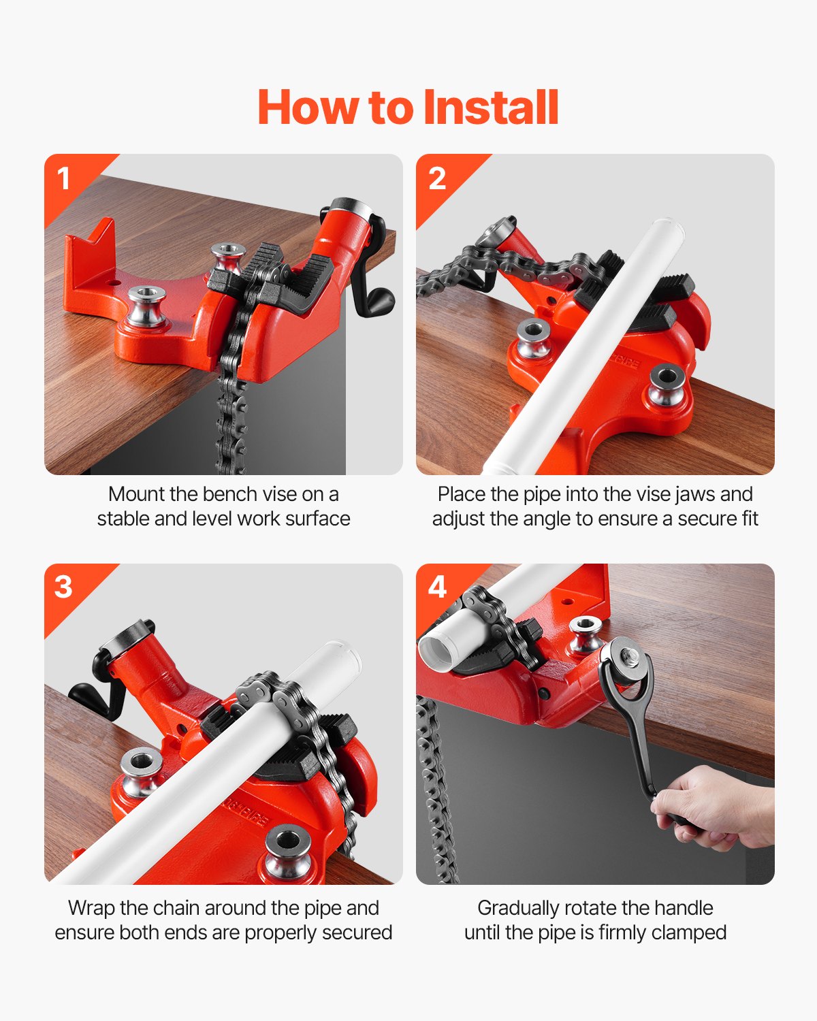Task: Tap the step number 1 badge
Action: tap(64, 178)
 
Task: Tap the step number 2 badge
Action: tap(436, 178)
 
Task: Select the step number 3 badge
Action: tap(63, 587)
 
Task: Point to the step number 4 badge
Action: tap(436, 587)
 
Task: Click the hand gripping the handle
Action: tap(715, 810)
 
